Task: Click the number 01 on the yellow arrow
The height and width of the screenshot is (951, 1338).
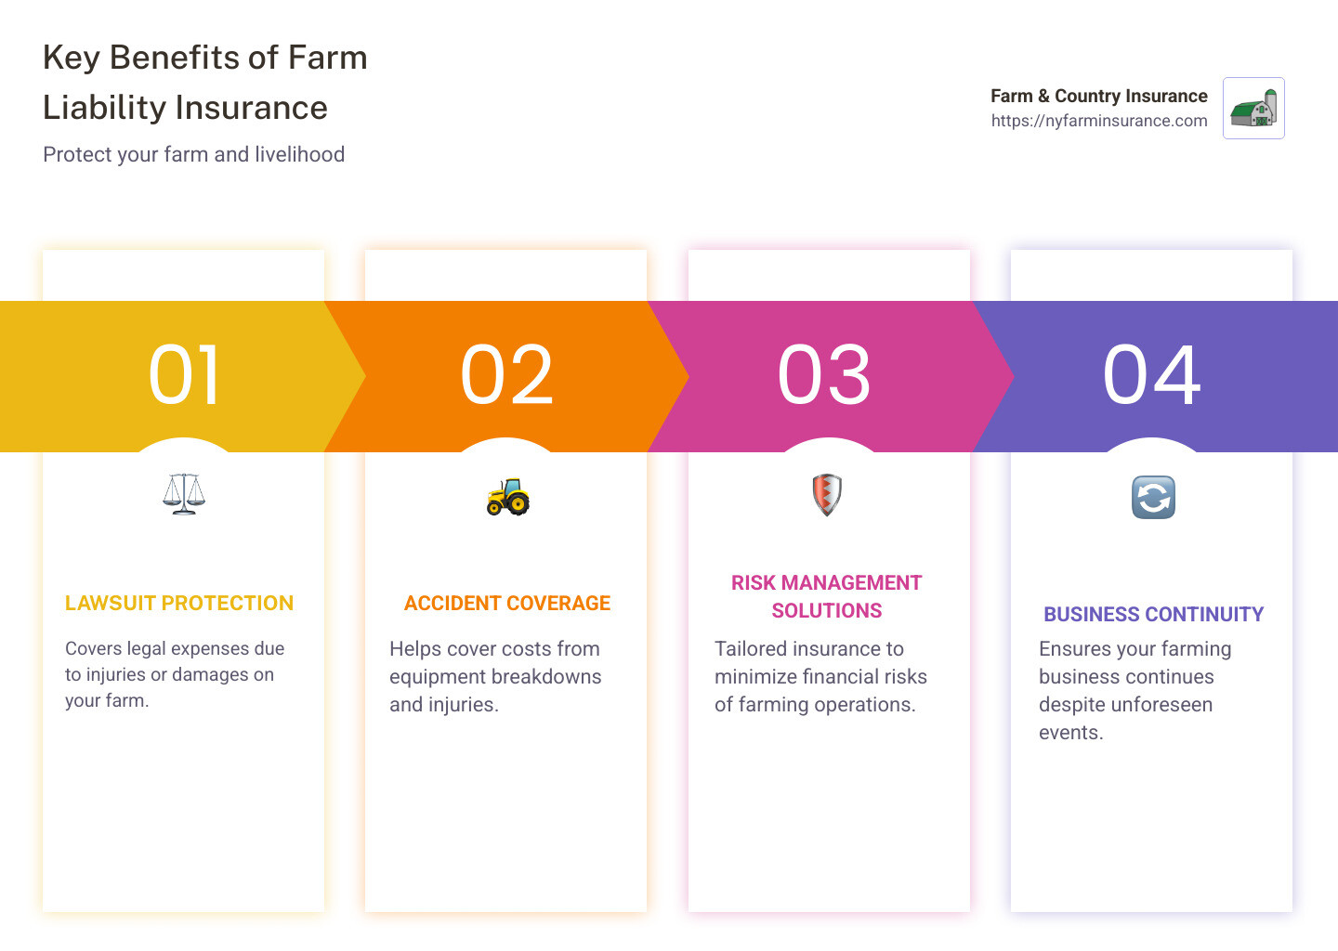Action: click(x=184, y=375)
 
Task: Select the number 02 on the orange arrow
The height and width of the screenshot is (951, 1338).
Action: click(x=506, y=375)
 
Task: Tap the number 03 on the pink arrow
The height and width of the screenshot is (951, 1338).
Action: click(x=824, y=375)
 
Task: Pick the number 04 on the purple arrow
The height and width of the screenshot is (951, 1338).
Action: click(x=1151, y=375)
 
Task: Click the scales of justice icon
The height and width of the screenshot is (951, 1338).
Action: click(x=184, y=494)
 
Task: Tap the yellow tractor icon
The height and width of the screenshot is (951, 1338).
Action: click(x=507, y=497)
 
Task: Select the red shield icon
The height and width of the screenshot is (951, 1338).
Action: click(x=826, y=494)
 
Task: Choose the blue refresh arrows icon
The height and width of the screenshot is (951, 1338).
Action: click(x=1153, y=497)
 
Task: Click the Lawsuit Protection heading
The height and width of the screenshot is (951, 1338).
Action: click(x=179, y=604)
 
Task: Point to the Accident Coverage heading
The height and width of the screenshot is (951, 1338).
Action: click(x=507, y=604)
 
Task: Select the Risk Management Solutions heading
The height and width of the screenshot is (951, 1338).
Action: click(x=826, y=596)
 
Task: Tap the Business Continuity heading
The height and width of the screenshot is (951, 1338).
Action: click(x=1153, y=615)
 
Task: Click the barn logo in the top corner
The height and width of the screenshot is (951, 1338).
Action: click(x=1253, y=109)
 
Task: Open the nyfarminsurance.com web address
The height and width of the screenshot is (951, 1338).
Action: click(x=1099, y=121)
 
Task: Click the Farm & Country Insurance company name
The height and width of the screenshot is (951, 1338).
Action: click(x=1098, y=96)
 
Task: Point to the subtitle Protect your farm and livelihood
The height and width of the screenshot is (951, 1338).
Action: click(x=193, y=154)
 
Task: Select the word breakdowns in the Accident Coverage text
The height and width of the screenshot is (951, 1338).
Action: click(x=548, y=677)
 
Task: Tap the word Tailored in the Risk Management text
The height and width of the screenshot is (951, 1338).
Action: click(x=751, y=649)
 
